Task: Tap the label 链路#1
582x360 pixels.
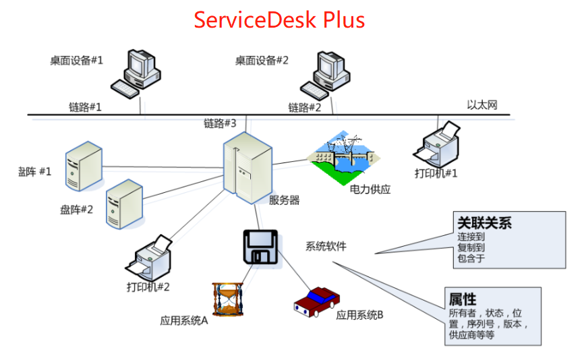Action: click(85, 107)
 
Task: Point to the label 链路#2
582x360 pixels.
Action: click(305, 107)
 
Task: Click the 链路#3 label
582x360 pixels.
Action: click(221, 123)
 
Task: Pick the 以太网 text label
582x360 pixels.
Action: click(482, 104)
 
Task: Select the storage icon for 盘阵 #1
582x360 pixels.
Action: click(84, 165)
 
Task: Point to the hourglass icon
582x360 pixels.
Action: click(227, 300)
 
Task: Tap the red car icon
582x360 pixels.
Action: click(316, 300)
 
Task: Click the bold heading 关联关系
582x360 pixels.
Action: click(485, 222)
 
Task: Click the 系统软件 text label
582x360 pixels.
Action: click(326, 246)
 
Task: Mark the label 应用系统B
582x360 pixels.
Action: click(360, 314)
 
